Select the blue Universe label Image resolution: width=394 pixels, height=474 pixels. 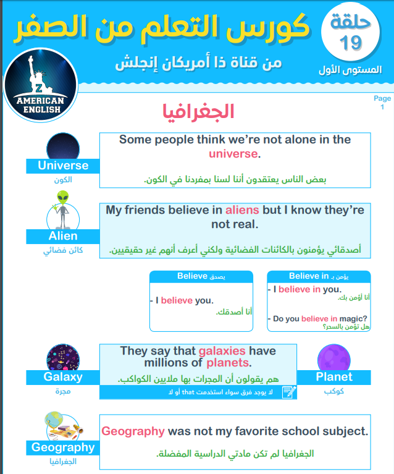62,166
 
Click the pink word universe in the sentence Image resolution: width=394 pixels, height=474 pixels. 233,153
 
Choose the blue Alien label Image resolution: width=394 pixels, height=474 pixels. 62,236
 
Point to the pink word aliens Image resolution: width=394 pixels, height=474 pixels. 242,209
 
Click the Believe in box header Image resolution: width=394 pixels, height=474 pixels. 319,276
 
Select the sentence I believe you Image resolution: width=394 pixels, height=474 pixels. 184,300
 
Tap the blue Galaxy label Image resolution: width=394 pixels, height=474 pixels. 62,377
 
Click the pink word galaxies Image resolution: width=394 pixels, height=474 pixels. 222,351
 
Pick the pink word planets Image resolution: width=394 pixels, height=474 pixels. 227,363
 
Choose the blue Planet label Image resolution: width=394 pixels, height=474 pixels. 333,377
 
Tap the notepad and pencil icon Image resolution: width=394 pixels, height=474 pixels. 288,391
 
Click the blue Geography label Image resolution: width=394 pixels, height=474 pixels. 62,447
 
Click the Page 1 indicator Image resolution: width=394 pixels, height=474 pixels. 382,103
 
